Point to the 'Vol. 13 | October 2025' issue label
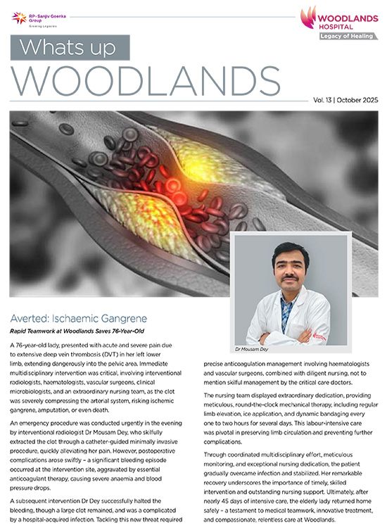pos(345,101)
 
